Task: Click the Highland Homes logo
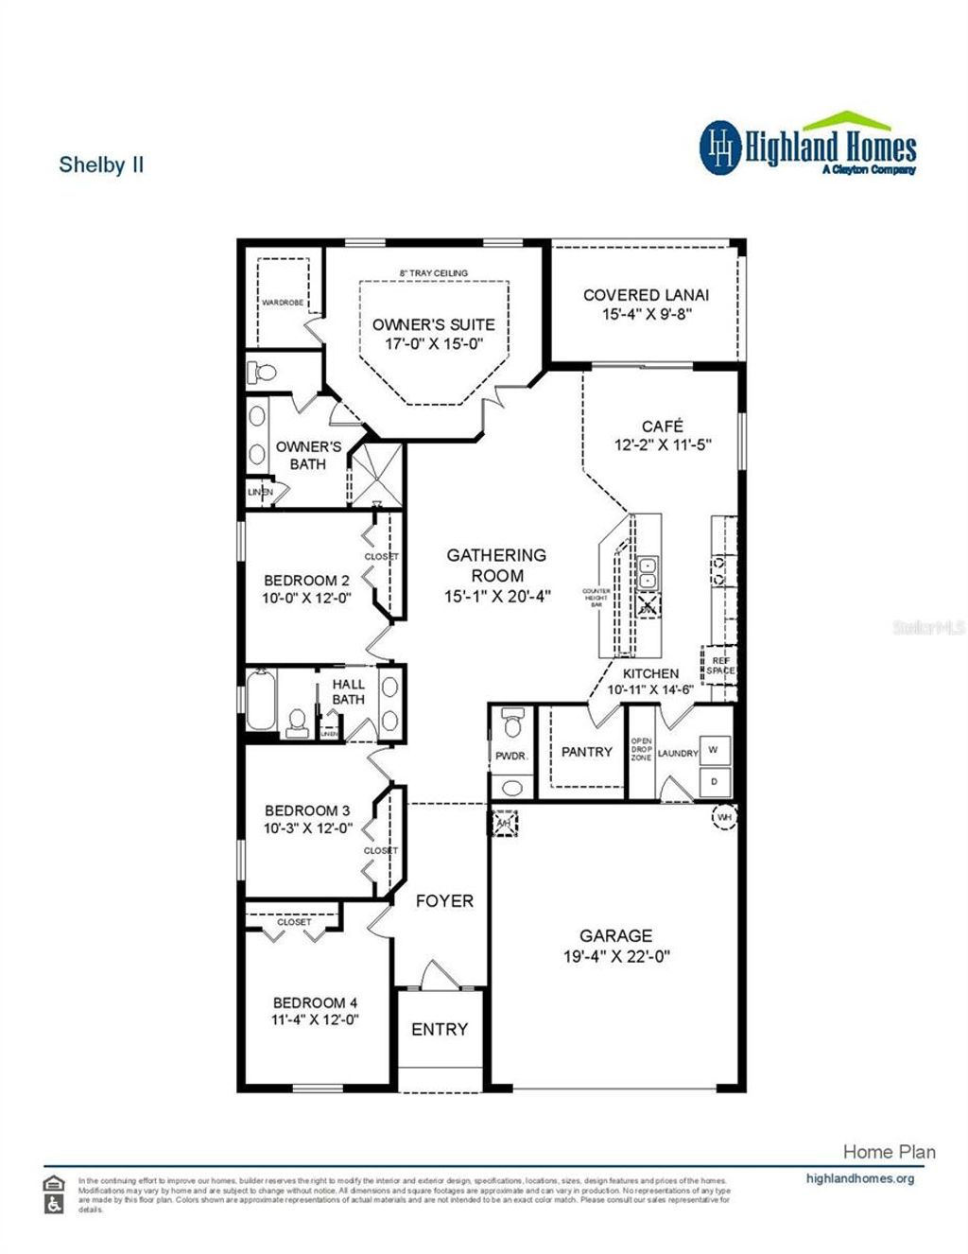pyautogui.click(x=808, y=147)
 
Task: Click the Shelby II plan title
pyautogui.click(x=101, y=165)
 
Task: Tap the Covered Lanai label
pyautogui.click(x=646, y=295)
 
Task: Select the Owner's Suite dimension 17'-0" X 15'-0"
pyautogui.click(x=433, y=344)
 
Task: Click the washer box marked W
pyautogui.click(x=713, y=750)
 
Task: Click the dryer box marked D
pyautogui.click(x=713, y=781)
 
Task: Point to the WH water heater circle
pyautogui.click(x=724, y=816)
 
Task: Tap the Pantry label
pyautogui.click(x=586, y=752)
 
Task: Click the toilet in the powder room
pyautogui.click(x=511, y=723)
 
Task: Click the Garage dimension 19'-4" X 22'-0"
pyautogui.click(x=616, y=956)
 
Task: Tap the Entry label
pyautogui.click(x=440, y=1029)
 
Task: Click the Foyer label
pyautogui.click(x=444, y=901)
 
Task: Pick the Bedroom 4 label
pyautogui.click(x=315, y=1002)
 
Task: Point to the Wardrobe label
pyautogui.click(x=283, y=303)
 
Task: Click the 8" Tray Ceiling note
pyautogui.click(x=433, y=273)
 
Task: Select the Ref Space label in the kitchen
pyautogui.click(x=719, y=665)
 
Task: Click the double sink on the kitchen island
pyautogui.click(x=648, y=573)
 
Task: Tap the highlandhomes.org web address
pyautogui.click(x=859, y=1178)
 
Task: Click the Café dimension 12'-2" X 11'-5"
pyautogui.click(x=662, y=444)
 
